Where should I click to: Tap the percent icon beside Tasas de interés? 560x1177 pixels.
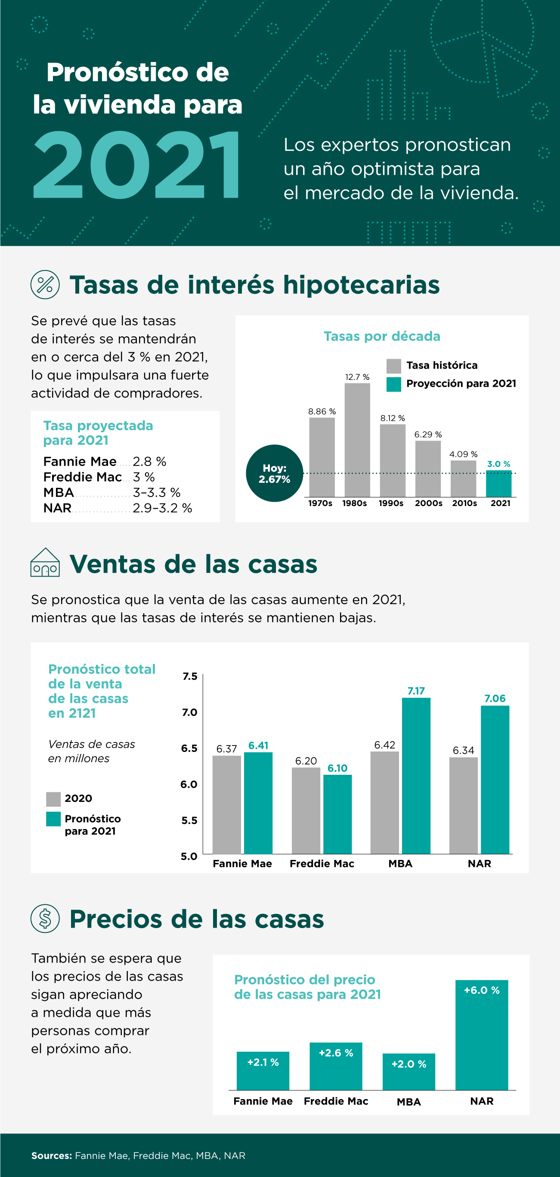click(45, 285)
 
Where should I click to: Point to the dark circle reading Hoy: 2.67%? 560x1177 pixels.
click(274, 473)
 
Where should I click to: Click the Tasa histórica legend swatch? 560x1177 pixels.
click(393, 366)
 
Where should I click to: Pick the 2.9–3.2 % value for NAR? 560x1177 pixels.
click(162, 508)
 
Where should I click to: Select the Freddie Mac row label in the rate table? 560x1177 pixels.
click(82, 477)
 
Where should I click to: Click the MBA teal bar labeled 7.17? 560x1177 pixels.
click(416, 775)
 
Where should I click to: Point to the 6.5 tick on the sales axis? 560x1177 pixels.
click(189, 748)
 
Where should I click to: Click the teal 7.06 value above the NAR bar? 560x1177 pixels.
click(495, 698)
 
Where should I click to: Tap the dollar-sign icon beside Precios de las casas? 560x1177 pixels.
click(45, 919)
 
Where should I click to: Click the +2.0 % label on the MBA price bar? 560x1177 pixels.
click(408, 1064)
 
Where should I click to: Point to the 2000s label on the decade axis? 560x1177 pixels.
click(428, 503)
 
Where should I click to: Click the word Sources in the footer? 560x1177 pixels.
click(51, 1155)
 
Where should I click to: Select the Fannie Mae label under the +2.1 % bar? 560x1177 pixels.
click(263, 1101)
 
